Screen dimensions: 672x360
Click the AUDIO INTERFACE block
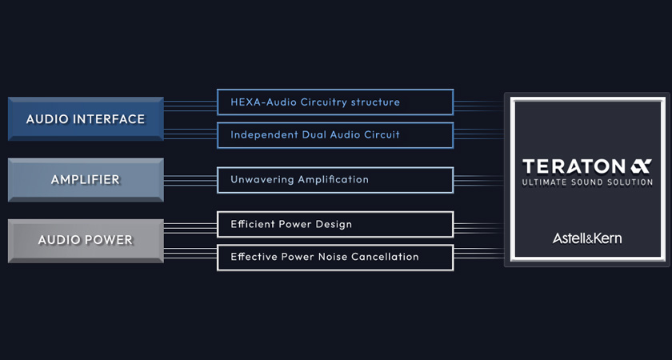[86, 118]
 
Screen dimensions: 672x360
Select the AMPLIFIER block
[86, 179]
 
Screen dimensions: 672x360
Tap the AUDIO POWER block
[86, 241]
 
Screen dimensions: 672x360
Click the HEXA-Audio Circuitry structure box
[335, 102]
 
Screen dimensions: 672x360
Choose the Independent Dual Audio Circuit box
[335, 135]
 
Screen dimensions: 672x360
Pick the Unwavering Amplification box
[335, 180]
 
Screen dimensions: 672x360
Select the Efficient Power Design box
[335, 224]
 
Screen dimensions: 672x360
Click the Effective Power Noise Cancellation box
[335, 257]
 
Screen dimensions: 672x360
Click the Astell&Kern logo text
[587, 238]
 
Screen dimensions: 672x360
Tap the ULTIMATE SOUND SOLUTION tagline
[587, 182]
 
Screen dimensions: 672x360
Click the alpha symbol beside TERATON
[641, 166]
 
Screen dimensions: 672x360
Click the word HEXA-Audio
[263, 102]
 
